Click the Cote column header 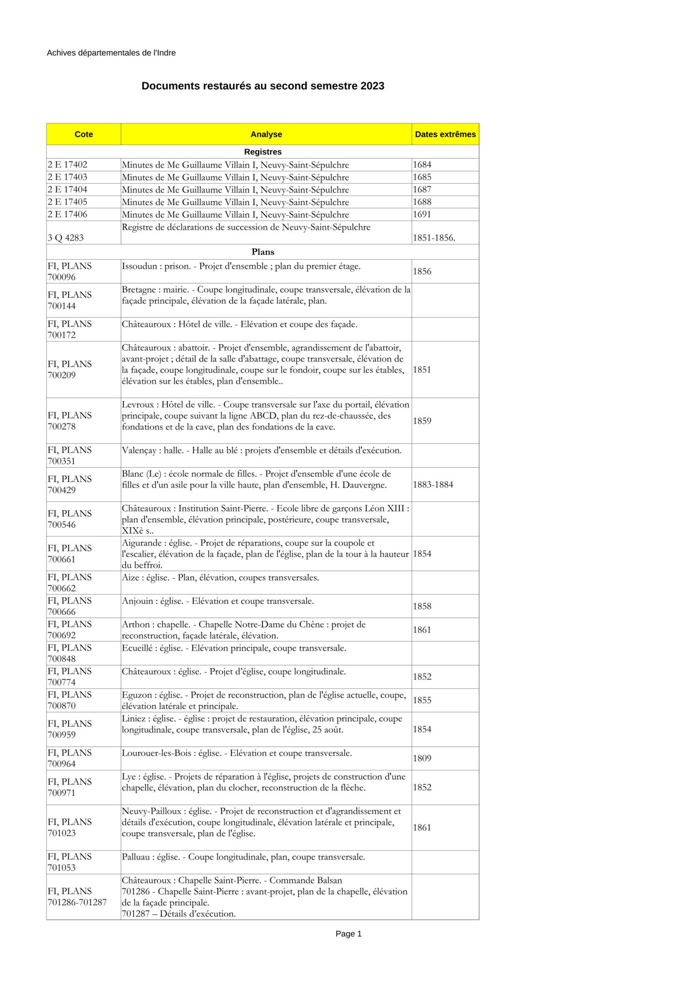[x=83, y=134]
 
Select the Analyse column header [x=266, y=134]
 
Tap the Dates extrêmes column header [x=445, y=134]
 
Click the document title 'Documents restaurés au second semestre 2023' [x=263, y=86]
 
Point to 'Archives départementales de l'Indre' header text [x=111, y=53]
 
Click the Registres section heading [x=263, y=152]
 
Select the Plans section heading [x=263, y=252]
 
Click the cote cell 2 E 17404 [x=68, y=190]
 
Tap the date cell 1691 [x=422, y=215]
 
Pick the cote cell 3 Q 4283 [x=66, y=238]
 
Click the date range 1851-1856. [x=434, y=238]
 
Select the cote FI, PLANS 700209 [x=70, y=370]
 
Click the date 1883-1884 [x=433, y=485]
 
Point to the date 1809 [x=422, y=759]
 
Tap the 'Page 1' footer [x=349, y=934]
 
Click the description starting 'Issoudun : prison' [x=241, y=266]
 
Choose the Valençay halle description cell [x=262, y=451]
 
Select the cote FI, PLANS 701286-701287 [x=77, y=897]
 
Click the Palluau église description [x=243, y=857]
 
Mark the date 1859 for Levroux [x=422, y=421]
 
